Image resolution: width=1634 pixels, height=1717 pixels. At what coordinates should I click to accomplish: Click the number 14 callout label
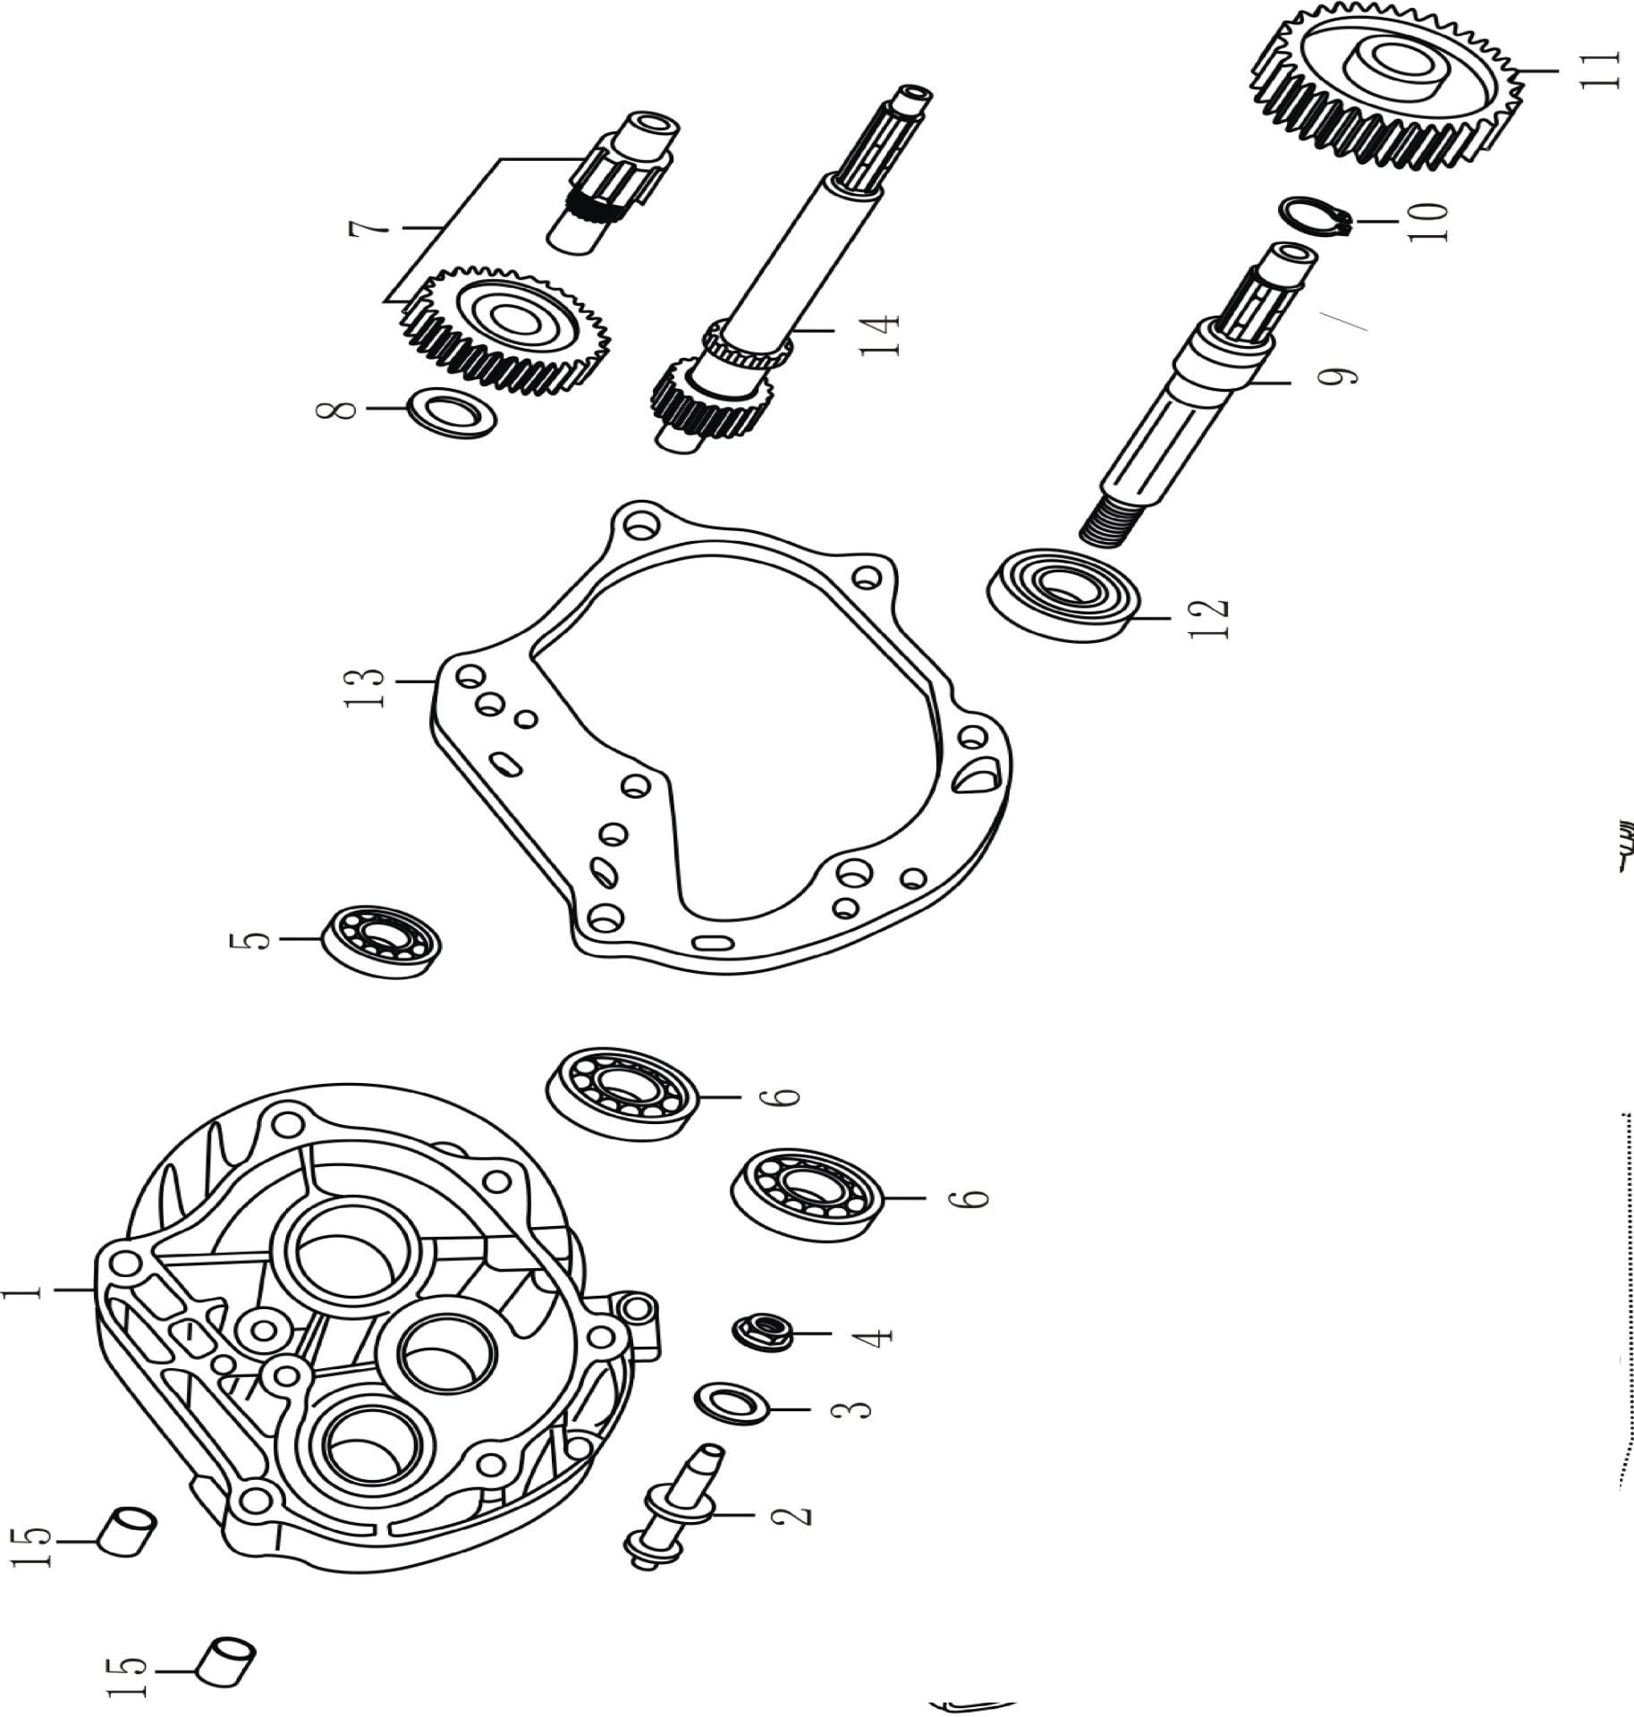[x=879, y=334]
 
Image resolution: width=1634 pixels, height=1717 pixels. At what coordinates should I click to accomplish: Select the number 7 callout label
[x=368, y=230]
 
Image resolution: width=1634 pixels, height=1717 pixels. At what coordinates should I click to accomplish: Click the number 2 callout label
[x=791, y=1515]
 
